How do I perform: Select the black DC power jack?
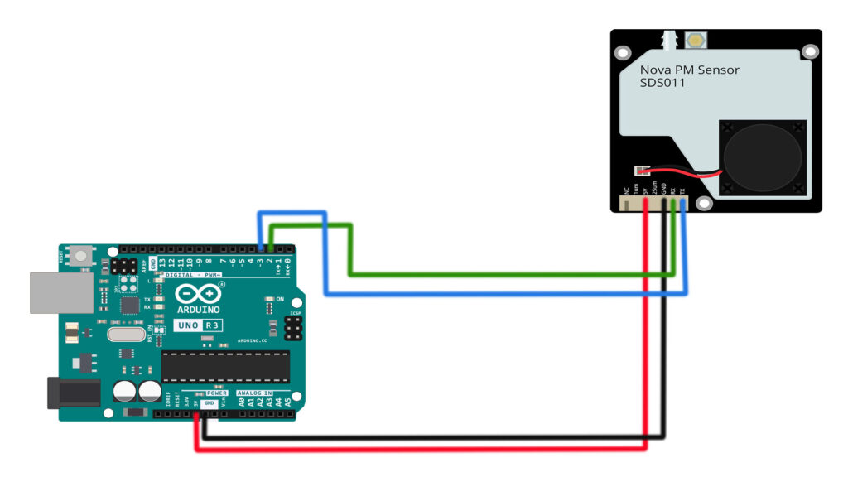(x=73, y=392)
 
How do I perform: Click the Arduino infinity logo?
(x=198, y=294)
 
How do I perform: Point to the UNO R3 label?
(x=198, y=325)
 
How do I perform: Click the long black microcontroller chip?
(x=225, y=365)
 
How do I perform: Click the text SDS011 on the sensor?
(x=662, y=83)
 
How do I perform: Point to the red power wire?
(x=414, y=449)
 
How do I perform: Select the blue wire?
(x=497, y=293)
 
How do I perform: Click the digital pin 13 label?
(x=162, y=263)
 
